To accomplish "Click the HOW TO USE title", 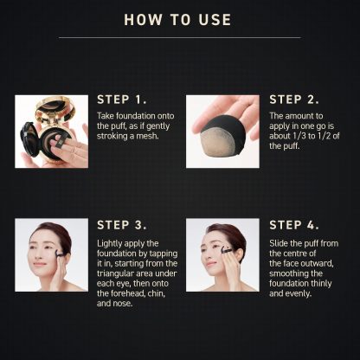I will coord(177,19).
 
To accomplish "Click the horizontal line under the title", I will coord(179,37).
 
